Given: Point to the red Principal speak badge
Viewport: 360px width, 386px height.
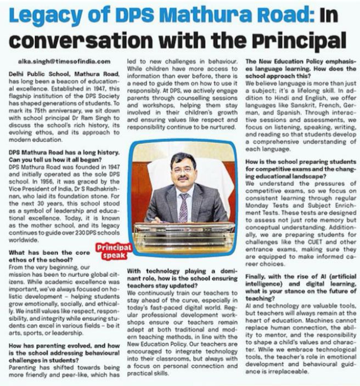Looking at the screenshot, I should click(113, 251).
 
